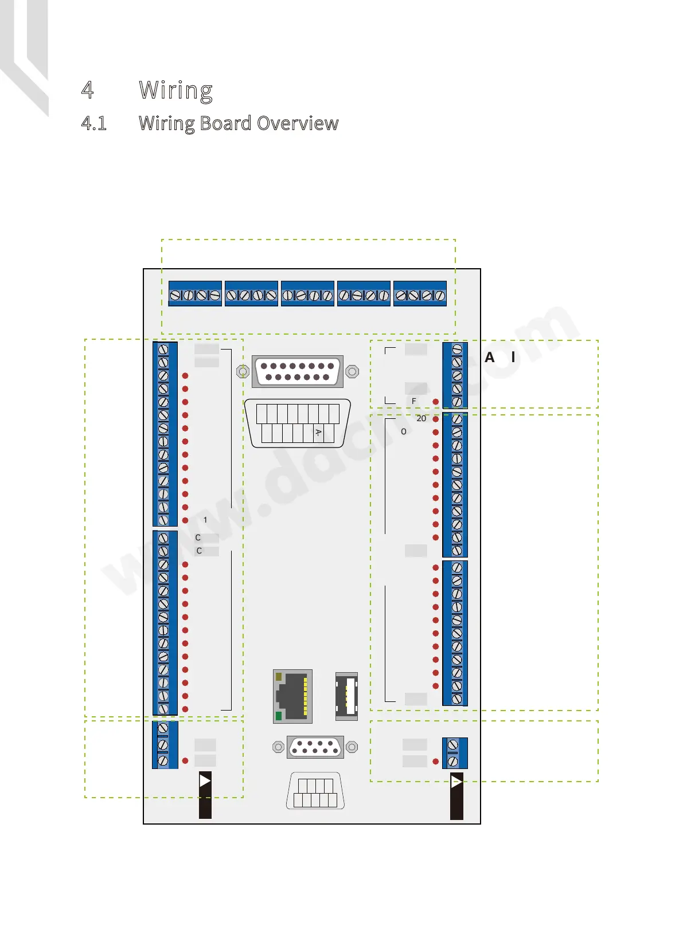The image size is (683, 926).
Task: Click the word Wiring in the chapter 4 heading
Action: pos(175,91)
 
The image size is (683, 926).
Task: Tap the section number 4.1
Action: pos(94,123)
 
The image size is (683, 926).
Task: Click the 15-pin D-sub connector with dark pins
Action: pos(298,371)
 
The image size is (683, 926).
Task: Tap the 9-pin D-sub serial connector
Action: pos(315,747)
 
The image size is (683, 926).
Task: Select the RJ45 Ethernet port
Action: pos(292,696)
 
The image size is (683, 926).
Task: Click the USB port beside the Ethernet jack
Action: pos(346,696)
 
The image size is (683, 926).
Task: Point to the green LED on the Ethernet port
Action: pos(279,716)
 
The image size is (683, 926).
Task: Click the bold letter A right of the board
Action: pos(489,358)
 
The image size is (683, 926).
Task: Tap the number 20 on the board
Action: pos(421,418)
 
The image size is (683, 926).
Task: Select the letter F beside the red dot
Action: pos(414,401)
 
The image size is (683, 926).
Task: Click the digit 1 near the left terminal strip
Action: pos(205,520)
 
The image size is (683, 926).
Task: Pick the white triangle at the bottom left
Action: pos(205,780)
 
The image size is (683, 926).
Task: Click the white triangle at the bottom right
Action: pos(456,782)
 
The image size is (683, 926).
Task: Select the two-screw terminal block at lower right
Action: pos(455,753)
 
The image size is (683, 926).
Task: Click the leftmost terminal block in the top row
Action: pos(195,293)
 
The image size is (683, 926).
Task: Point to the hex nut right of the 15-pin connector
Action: pos(352,371)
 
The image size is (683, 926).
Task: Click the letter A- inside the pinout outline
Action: pos(318,433)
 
